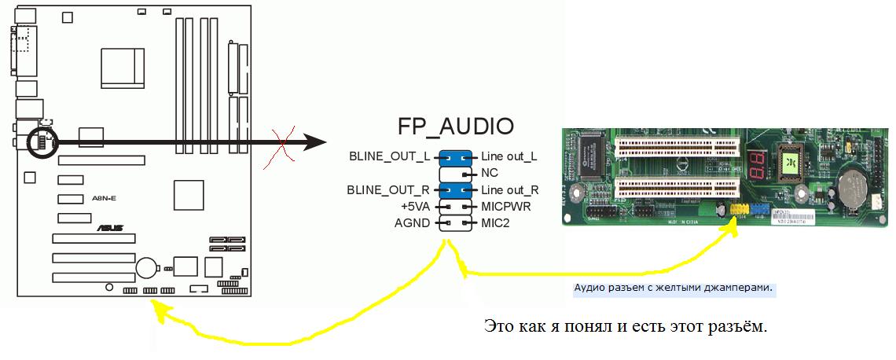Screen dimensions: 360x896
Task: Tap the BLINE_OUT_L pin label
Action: click(x=390, y=156)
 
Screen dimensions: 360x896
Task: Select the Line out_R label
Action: click(x=509, y=189)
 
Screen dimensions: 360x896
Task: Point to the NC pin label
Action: click(x=489, y=172)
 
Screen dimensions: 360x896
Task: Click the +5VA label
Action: click(x=416, y=206)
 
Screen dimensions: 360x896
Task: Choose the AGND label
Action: click(x=412, y=222)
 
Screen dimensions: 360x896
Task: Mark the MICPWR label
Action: click(x=506, y=206)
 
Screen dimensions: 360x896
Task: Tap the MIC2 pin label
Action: click(x=496, y=222)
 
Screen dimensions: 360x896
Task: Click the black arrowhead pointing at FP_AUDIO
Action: click(x=314, y=142)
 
